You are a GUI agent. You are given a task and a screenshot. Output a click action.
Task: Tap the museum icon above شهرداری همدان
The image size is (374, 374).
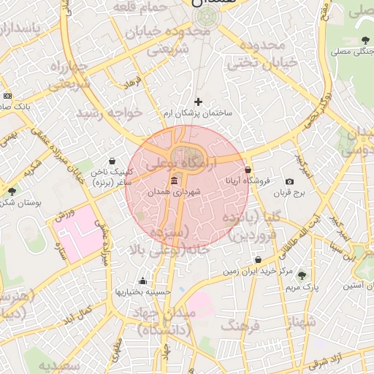click(x=174, y=180)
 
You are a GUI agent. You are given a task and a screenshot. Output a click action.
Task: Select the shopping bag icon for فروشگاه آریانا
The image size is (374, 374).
click(x=248, y=169)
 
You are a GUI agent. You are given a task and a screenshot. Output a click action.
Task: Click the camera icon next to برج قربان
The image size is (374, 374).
click(x=289, y=181)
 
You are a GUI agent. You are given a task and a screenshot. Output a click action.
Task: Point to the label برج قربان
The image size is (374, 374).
click(x=289, y=193)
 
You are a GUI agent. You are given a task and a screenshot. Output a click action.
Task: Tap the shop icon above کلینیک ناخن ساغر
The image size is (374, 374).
click(x=111, y=161)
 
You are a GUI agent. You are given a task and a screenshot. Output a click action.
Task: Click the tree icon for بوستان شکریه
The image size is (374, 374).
click(x=11, y=191)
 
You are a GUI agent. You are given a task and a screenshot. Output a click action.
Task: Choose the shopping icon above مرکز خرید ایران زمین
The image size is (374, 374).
click(x=258, y=260)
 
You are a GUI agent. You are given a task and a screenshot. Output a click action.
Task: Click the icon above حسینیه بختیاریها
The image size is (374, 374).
click(x=142, y=281)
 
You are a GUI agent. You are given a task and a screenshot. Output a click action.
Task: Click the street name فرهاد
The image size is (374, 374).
click(x=132, y=84)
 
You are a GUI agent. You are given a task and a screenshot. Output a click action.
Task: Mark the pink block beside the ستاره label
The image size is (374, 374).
click(x=77, y=230)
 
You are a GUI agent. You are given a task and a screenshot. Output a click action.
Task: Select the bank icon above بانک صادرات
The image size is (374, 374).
click(x=7, y=96)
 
